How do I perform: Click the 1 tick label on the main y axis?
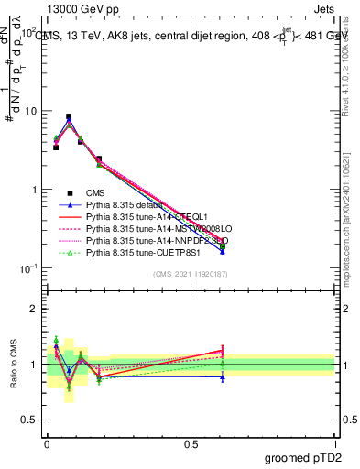35,190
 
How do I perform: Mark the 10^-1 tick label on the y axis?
28,268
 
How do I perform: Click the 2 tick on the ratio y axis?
35,309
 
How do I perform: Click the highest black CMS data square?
69,117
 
